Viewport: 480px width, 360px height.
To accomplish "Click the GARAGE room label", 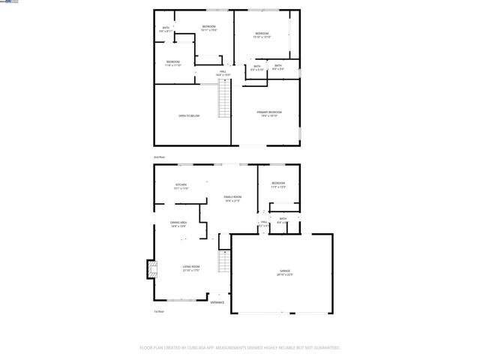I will [x=285, y=270].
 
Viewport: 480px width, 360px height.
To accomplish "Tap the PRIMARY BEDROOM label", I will [x=269, y=112].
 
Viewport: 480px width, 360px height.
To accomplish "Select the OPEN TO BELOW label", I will [x=189, y=115].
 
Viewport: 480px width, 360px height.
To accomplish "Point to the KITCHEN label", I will [x=181, y=184].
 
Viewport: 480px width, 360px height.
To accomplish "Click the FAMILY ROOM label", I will [x=232, y=196].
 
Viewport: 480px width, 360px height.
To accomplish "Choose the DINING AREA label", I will [x=178, y=223].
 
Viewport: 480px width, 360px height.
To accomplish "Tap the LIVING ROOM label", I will [x=191, y=266].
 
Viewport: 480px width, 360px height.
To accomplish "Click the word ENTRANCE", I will [x=217, y=302].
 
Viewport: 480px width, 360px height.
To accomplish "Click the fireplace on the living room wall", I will [x=151, y=268].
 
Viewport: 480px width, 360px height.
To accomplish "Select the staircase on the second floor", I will [x=224, y=100].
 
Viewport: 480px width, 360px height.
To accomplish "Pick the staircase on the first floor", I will [x=223, y=262].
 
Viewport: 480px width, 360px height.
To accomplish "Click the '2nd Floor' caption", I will [x=159, y=157].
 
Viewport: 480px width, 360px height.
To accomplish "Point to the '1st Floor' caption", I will [x=159, y=310].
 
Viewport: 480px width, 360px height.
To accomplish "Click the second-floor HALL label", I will [x=223, y=71].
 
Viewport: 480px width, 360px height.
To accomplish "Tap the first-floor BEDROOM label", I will [x=278, y=183].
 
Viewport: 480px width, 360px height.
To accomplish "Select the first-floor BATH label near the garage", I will [x=283, y=218].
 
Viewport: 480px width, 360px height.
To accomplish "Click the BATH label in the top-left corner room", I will [x=166, y=28].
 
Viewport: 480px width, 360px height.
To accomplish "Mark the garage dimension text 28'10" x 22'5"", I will [x=285, y=274].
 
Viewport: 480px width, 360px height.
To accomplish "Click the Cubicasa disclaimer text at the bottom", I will [x=240, y=348].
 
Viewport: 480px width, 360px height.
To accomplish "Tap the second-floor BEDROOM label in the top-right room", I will [x=262, y=33].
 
